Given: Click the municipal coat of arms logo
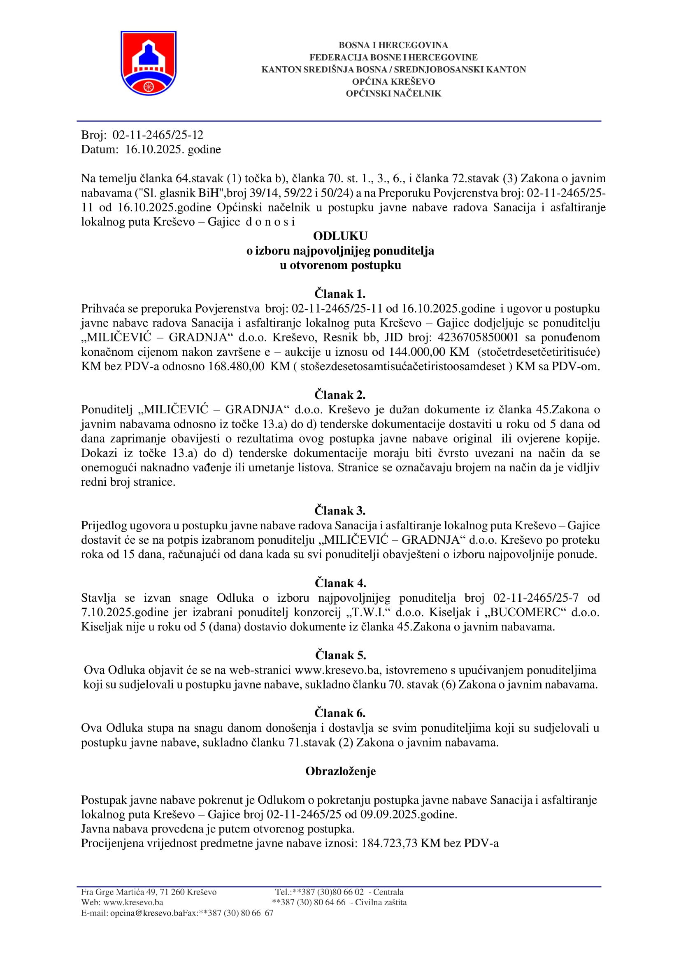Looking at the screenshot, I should point(149,63).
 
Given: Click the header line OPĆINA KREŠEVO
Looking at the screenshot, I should point(393,81).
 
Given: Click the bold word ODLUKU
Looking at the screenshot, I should point(340,236).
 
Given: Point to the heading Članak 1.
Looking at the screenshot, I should point(340,293).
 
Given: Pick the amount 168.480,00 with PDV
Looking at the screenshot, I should point(236,366).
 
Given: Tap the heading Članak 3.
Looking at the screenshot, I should point(340,510).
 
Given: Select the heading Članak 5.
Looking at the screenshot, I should point(340,655).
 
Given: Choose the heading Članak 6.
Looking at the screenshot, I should point(340,713).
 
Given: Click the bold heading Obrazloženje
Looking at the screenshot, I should point(340,771).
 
